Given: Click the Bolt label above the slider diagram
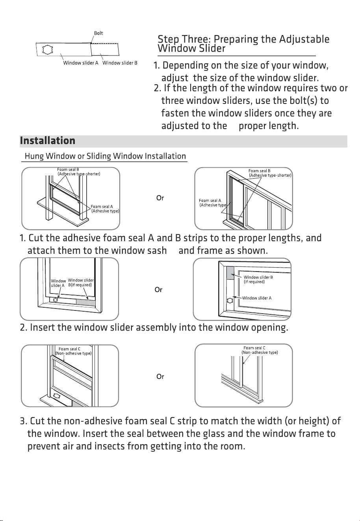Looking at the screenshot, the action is (x=98, y=33).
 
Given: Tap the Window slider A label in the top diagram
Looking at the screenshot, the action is (x=81, y=63).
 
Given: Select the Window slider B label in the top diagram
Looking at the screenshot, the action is (x=120, y=63).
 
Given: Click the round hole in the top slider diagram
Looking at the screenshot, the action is (x=47, y=49).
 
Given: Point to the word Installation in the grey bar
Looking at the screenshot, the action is (x=48, y=141).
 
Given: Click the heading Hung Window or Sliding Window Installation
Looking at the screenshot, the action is (x=105, y=156).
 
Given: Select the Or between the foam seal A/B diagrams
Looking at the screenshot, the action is (x=160, y=198).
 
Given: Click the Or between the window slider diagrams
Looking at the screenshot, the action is (x=159, y=290).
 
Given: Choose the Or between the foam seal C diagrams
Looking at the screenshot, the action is (x=160, y=376).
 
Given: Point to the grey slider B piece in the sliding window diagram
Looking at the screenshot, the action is (x=230, y=273).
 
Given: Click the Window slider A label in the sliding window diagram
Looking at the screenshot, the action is (x=257, y=298).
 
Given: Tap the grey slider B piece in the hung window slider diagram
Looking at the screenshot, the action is (x=86, y=303).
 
